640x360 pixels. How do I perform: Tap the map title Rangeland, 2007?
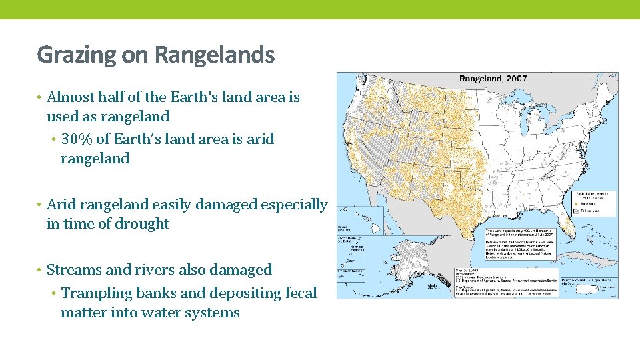click(x=493, y=79)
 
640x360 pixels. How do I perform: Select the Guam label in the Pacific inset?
click(x=352, y=261)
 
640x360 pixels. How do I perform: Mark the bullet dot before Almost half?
click(x=40, y=97)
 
